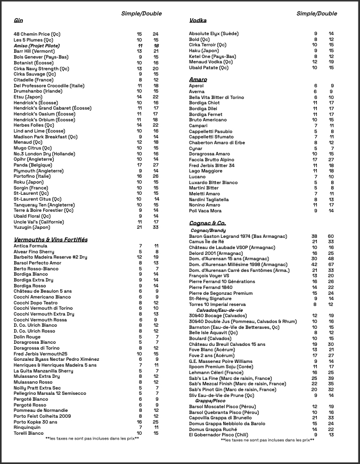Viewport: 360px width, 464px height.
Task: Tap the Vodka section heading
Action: [198, 21]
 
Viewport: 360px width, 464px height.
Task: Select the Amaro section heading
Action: [198, 80]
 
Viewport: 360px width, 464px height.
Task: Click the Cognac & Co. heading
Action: [207, 223]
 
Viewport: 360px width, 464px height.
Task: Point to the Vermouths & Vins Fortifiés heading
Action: [51, 240]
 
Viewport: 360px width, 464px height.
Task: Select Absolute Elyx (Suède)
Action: [214, 34]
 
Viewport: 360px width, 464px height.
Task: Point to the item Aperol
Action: [196, 86]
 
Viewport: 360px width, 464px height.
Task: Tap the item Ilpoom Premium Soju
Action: [222, 366]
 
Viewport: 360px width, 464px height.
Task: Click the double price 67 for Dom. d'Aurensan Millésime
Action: [331, 264]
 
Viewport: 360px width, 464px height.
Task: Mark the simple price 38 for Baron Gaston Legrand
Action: [314, 236]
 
